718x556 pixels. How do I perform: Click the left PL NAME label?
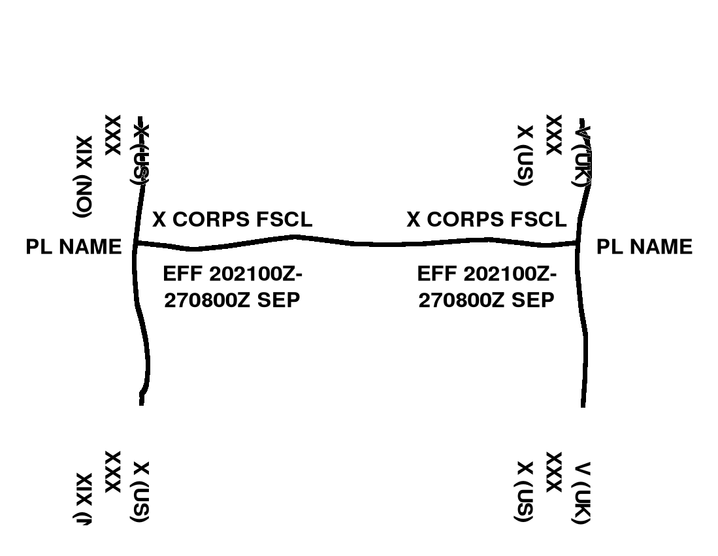click(x=74, y=247)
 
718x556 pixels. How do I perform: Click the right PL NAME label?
click(x=644, y=247)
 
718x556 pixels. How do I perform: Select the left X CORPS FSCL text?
click(x=232, y=220)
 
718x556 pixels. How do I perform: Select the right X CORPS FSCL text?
click(x=486, y=220)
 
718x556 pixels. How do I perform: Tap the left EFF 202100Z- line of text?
click(x=232, y=274)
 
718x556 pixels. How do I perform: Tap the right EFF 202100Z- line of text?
click(x=486, y=274)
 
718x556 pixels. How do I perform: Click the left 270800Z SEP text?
click(x=232, y=301)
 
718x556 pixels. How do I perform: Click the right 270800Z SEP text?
click(x=486, y=301)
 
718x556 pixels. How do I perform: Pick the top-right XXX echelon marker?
click(x=553, y=135)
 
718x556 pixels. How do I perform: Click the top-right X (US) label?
click(x=525, y=155)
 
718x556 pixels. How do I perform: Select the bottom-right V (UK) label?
click(x=581, y=493)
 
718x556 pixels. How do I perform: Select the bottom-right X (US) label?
click(x=525, y=493)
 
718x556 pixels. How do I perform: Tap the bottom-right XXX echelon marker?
click(x=553, y=472)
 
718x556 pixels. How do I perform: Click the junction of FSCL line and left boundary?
click(x=135, y=244)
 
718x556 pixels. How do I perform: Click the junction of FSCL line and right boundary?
click(x=579, y=243)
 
